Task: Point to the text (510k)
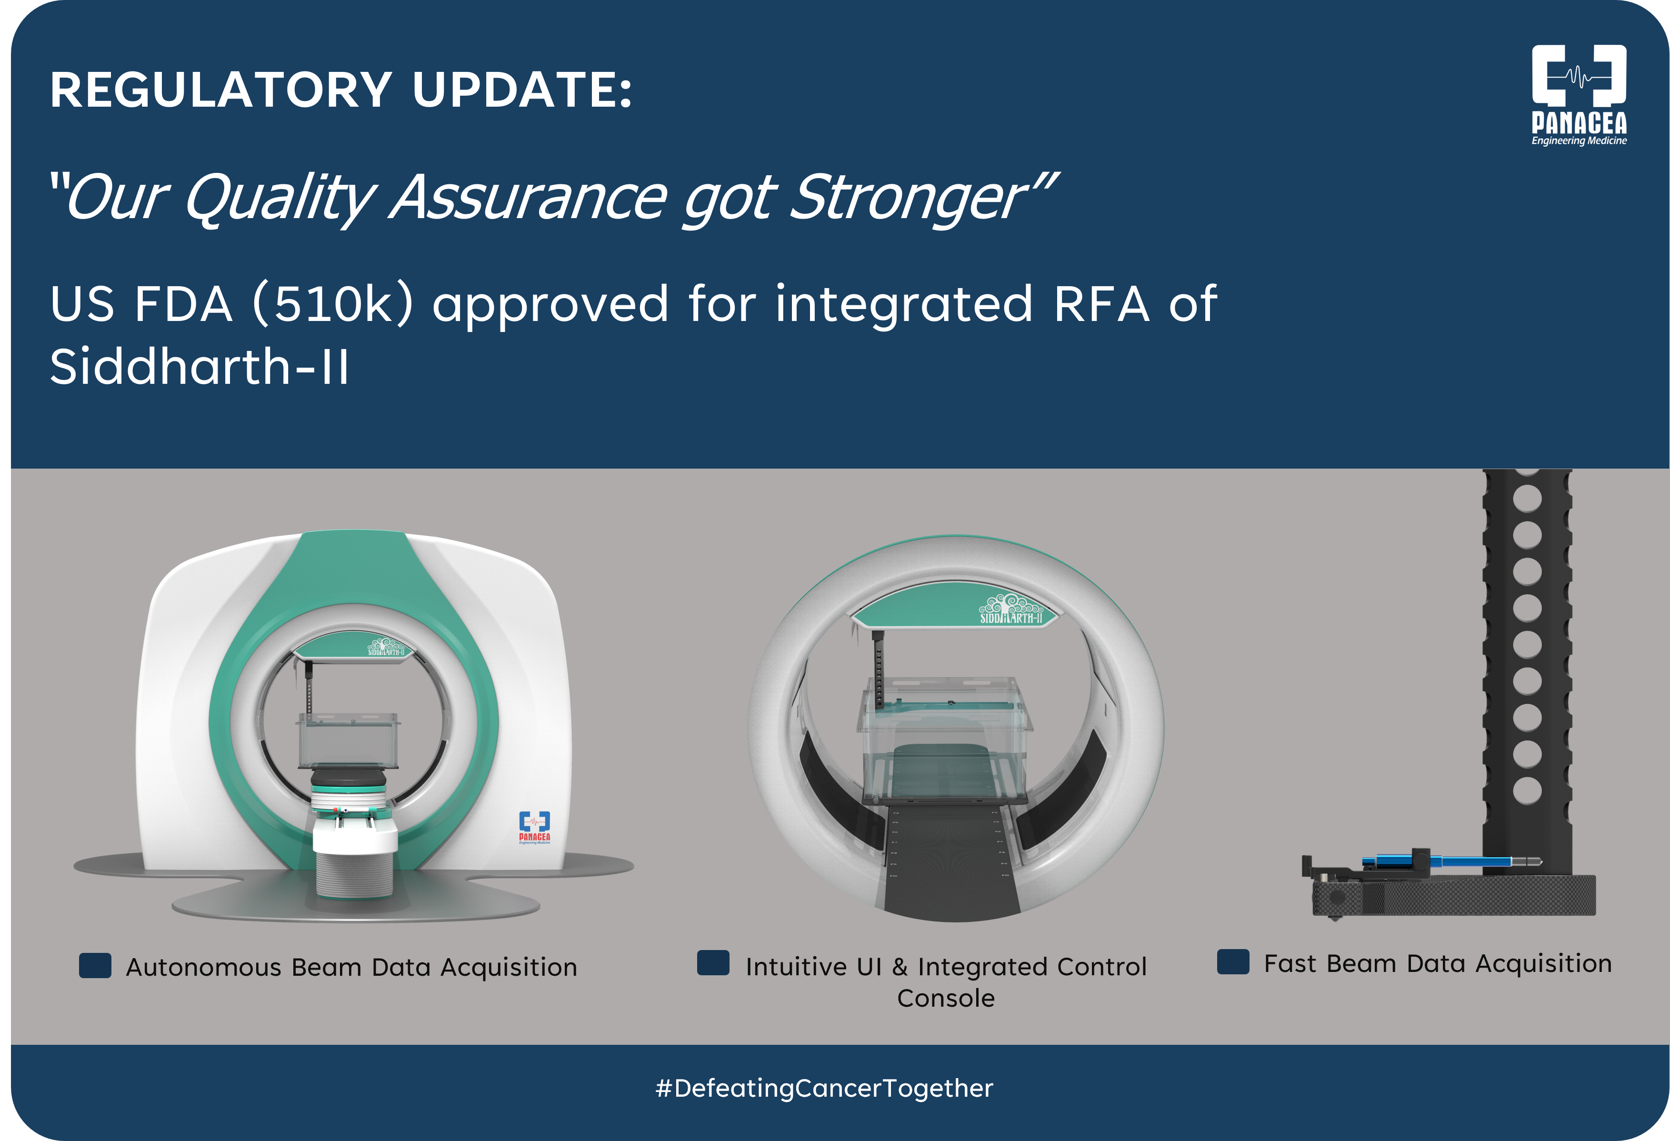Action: click(333, 304)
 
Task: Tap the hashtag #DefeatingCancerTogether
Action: click(824, 1088)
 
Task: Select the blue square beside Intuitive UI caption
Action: click(713, 963)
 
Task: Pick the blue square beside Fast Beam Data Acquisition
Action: click(1233, 961)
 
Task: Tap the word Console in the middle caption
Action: click(946, 998)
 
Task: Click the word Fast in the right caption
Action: click(1290, 963)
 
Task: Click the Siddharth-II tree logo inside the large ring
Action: click(1011, 609)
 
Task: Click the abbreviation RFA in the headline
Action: click(1101, 304)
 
